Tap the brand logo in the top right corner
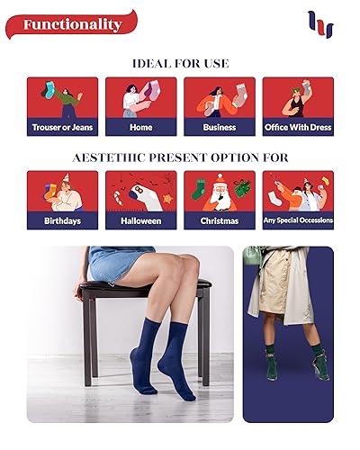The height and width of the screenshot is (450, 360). click(x=319, y=24)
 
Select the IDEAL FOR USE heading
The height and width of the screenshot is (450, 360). click(x=180, y=64)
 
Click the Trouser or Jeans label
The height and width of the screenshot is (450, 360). click(x=62, y=128)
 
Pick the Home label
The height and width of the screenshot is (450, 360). click(x=140, y=128)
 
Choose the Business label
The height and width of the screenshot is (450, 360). click(x=219, y=128)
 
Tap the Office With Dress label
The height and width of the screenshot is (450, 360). click(x=297, y=128)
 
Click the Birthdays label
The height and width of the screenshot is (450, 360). click(x=62, y=220)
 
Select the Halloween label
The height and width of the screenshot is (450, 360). click(x=140, y=220)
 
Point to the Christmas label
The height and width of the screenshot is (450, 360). click(x=219, y=220)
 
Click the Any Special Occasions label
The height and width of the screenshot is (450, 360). click(x=297, y=220)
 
